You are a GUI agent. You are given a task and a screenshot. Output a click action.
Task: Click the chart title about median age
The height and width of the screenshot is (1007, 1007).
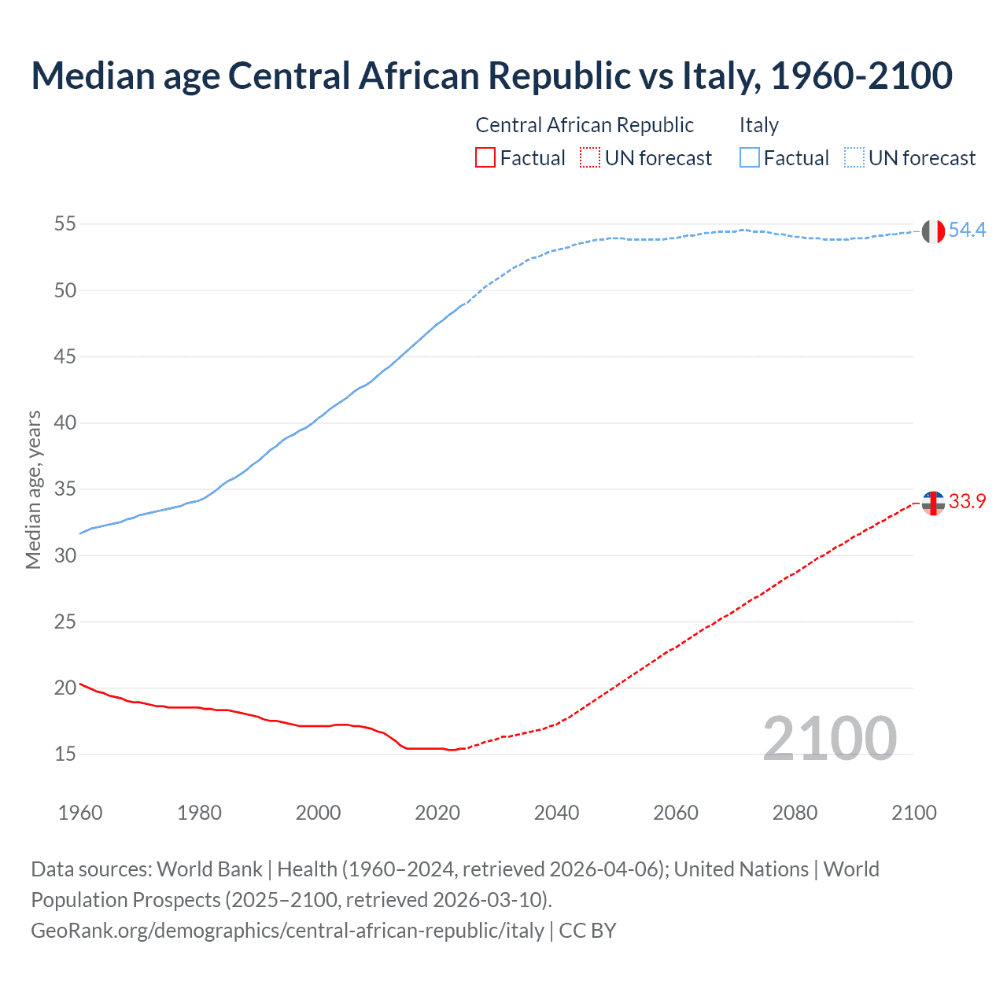[492, 76]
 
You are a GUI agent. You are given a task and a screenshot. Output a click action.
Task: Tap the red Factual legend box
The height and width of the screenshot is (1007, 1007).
[485, 158]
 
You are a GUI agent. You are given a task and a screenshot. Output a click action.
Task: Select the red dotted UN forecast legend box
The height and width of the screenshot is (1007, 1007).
[590, 158]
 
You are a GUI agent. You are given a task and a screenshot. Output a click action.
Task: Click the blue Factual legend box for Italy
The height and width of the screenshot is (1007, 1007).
[750, 158]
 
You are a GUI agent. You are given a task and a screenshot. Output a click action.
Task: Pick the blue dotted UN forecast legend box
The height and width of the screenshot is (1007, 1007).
[854, 158]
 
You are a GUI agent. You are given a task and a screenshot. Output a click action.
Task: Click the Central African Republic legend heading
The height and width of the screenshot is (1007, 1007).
[585, 125]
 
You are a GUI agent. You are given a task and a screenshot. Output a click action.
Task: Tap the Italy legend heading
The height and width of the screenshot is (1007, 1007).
[758, 125]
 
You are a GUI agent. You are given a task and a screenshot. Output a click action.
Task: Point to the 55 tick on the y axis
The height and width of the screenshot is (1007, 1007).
[65, 224]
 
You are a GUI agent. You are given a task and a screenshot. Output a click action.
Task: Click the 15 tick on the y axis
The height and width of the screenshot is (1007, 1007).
[65, 754]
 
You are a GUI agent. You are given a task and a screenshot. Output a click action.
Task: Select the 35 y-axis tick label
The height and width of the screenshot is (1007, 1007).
[65, 489]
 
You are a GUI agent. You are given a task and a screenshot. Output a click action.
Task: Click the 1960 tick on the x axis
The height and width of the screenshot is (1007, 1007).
[80, 813]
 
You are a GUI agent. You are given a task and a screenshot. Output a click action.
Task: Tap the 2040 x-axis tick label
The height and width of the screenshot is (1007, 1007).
[556, 813]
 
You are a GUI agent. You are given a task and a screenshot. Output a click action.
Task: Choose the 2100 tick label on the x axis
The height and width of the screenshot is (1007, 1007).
[913, 813]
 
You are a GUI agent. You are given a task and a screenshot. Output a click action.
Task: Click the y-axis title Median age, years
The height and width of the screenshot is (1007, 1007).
[33, 489]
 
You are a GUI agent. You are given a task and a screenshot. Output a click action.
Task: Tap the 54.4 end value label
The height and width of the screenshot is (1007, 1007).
[967, 230]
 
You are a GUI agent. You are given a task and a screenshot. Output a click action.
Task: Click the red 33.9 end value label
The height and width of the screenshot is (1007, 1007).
[967, 502]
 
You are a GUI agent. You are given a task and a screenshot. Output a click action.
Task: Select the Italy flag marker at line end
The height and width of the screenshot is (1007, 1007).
[933, 231]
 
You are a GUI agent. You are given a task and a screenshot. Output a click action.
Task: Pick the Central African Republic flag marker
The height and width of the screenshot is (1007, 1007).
[933, 503]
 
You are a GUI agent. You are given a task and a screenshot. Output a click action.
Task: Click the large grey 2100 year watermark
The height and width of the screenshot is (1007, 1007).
[830, 738]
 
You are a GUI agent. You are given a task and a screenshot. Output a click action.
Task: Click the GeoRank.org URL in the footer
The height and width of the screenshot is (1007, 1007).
[287, 931]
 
